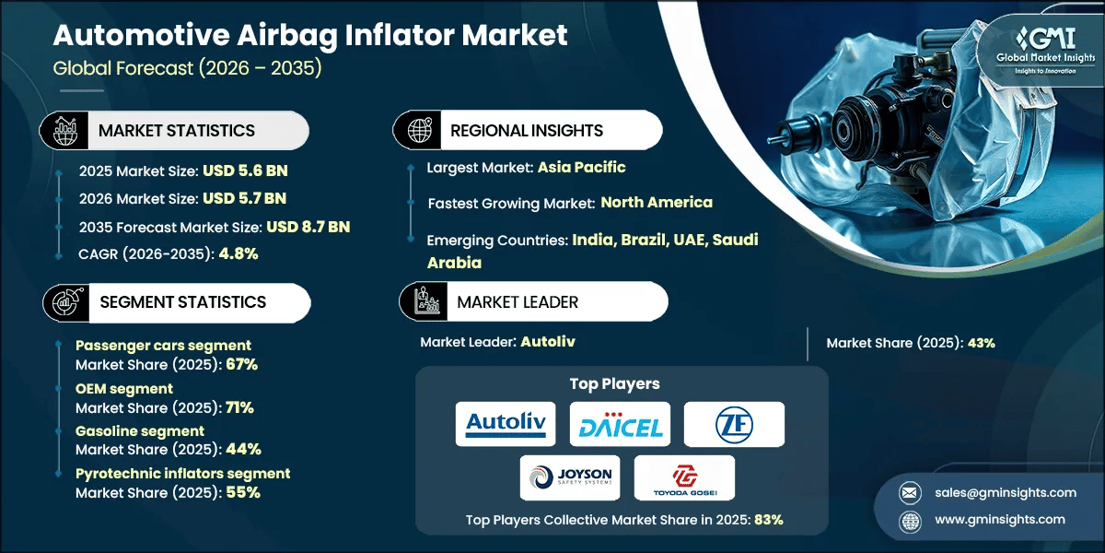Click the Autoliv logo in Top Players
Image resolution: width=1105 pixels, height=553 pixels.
point(506,424)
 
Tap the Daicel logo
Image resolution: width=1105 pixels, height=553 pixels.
point(619,424)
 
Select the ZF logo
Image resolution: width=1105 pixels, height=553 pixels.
point(734,424)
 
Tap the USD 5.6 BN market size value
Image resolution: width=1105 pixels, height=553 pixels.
point(244,171)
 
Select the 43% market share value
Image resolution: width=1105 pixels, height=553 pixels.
point(982,343)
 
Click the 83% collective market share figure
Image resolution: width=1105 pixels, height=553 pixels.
point(768,519)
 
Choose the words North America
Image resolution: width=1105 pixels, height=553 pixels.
point(657,202)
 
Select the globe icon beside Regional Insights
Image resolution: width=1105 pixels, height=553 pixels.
point(418,131)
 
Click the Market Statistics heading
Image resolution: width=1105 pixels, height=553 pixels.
point(177,131)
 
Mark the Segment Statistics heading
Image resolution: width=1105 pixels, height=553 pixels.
point(181,301)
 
